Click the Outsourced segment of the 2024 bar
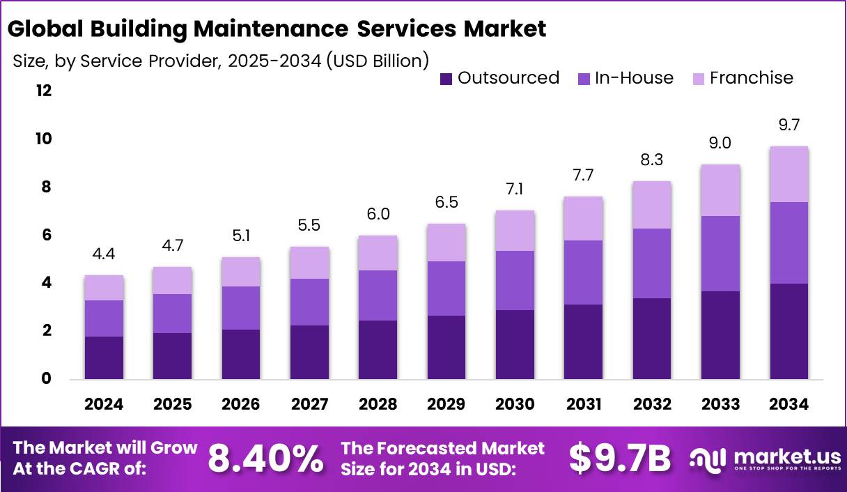[104, 358]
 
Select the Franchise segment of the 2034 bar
[789, 174]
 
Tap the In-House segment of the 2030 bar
[515, 280]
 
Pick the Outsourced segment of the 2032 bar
[652, 339]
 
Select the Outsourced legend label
[508, 78]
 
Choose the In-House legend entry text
[634, 78]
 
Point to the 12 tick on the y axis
[44, 91]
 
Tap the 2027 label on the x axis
[309, 405]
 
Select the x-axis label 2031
[584, 405]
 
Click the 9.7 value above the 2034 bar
[789, 125]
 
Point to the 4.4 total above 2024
[104, 254]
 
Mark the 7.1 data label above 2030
[515, 190]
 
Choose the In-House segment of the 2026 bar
[241, 308]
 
